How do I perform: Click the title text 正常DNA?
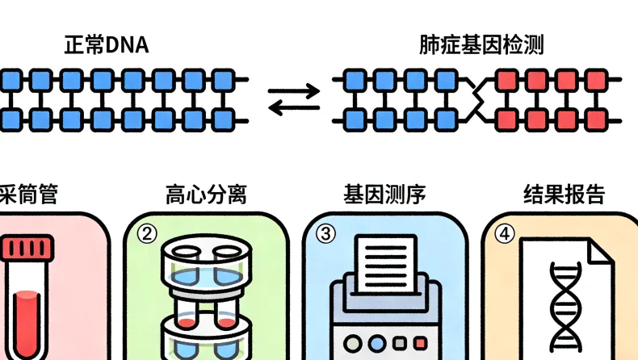tap(106, 45)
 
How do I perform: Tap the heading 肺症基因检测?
tap(481, 45)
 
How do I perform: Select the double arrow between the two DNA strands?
tap(293, 99)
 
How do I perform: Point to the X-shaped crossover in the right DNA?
tap(478, 99)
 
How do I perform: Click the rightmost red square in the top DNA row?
tap(596, 80)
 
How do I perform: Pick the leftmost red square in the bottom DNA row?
tap(506, 119)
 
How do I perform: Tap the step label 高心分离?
tap(205, 195)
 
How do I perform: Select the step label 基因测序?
tap(384, 195)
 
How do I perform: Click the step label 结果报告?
tap(564, 195)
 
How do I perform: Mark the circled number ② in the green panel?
tap(146, 233)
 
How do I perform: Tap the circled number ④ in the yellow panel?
tap(505, 233)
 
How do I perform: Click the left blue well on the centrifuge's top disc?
tap(186, 274)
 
